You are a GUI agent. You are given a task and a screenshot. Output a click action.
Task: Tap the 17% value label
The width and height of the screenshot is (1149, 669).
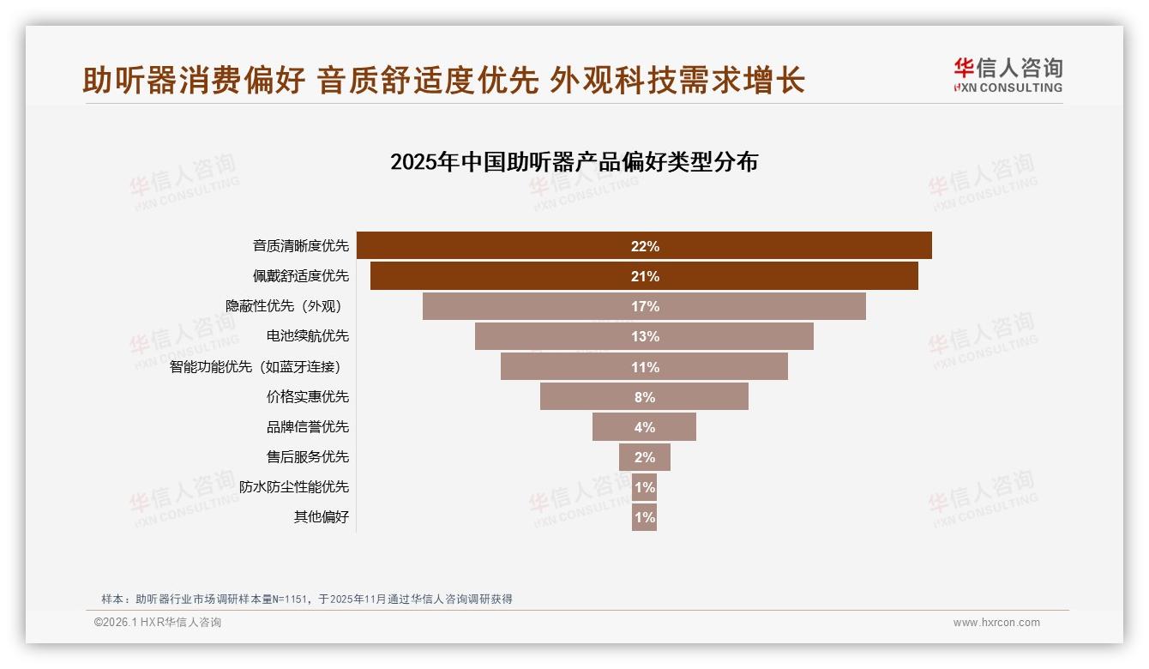click(x=645, y=306)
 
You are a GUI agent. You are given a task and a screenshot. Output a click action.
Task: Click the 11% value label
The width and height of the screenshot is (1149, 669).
click(x=645, y=367)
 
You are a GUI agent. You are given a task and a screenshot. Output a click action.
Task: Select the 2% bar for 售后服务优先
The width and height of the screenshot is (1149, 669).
click(x=645, y=457)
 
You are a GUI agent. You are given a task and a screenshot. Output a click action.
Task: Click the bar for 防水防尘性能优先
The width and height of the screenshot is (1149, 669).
click(x=644, y=487)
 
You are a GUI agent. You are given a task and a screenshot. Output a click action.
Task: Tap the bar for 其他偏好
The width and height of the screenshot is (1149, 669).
click(x=644, y=517)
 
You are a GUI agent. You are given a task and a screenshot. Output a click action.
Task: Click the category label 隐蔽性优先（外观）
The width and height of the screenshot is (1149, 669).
click(x=287, y=306)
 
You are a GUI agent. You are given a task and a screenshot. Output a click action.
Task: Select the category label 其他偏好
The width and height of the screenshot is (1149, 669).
click(x=322, y=517)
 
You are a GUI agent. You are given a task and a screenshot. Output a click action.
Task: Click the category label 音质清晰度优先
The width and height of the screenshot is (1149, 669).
click(x=301, y=246)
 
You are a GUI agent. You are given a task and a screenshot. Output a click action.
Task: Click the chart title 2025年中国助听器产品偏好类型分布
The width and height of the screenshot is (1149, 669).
click(x=574, y=162)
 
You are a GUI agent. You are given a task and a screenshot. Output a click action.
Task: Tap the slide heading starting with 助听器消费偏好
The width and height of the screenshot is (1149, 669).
click(x=443, y=81)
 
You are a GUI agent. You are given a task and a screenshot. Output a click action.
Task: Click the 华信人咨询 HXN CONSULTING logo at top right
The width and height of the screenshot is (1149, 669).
click(x=1008, y=75)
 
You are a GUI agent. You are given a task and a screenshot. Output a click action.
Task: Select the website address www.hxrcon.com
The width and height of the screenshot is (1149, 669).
click(x=996, y=623)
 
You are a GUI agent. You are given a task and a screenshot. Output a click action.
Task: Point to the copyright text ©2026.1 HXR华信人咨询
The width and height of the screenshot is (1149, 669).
click(x=158, y=623)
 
